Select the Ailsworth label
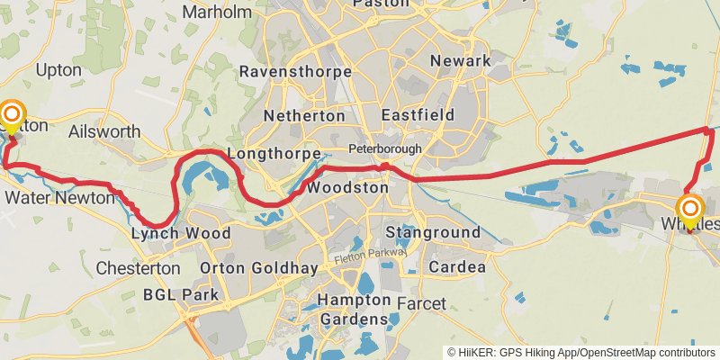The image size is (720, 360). [x=104, y=131]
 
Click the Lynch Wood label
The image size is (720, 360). [x=181, y=233]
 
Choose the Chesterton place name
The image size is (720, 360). [x=138, y=268]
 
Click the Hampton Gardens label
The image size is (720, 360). [x=353, y=309]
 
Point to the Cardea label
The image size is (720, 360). [x=457, y=267]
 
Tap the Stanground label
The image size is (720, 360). [x=433, y=233]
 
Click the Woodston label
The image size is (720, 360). [x=347, y=189]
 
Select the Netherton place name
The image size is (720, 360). [x=304, y=116]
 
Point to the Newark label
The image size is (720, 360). [x=461, y=60]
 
